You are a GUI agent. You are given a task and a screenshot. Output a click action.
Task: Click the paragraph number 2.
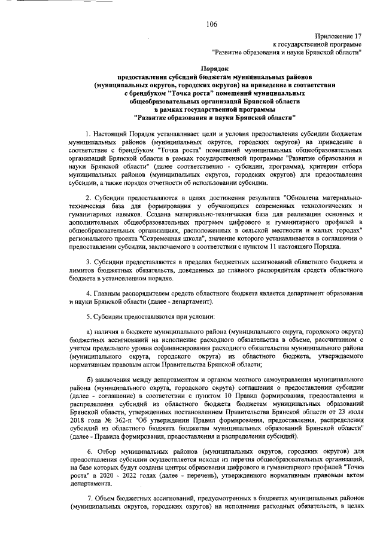coord(89,214)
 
